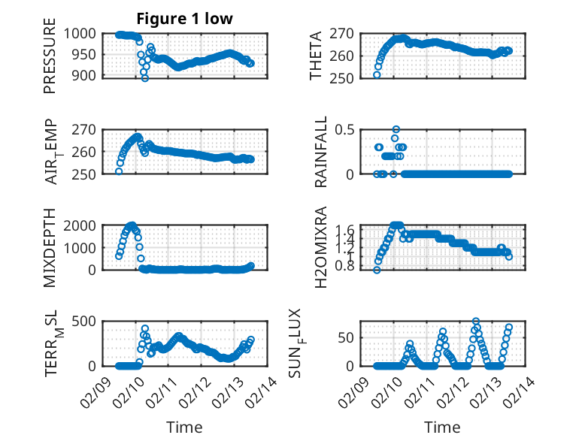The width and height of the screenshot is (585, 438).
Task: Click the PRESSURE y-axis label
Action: click(x=50, y=61)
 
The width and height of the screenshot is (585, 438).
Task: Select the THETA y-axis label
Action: click(x=317, y=55)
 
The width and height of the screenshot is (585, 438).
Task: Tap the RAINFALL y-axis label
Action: click(x=320, y=151)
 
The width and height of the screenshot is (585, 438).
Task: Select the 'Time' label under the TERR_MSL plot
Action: click(x=184, y=427)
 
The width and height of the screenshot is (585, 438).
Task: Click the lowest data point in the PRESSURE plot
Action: click(x=145, y=78)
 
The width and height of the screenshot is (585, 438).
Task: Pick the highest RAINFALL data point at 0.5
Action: click(x=396, y=129)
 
